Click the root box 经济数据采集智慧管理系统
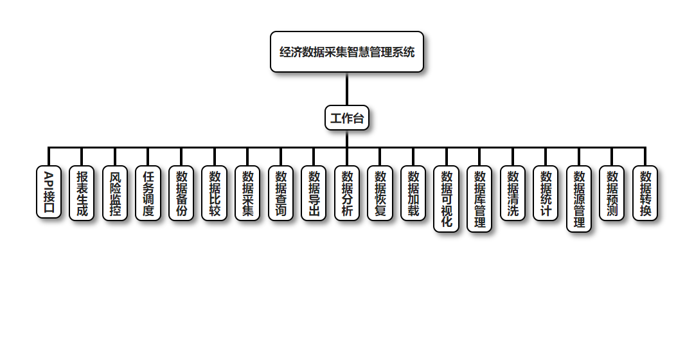point(347,52)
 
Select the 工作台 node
point(347,118)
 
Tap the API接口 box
point(49,192)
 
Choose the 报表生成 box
point(82,194)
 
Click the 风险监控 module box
point(115,194)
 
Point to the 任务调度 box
point(148,194)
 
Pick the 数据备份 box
point(181,194)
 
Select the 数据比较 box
point(215,194)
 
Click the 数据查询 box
point(281,194)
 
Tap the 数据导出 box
point(314,194)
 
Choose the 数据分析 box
point(347,194)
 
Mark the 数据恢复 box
point(380,194)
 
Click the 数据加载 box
point(413,194)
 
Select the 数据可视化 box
point(447,199)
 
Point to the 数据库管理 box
point(479,199)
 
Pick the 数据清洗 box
point(513,194)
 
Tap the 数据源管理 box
point(579,199)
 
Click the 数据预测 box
point(612,194)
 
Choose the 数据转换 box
point(645,194)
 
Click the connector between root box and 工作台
point(347,89)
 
